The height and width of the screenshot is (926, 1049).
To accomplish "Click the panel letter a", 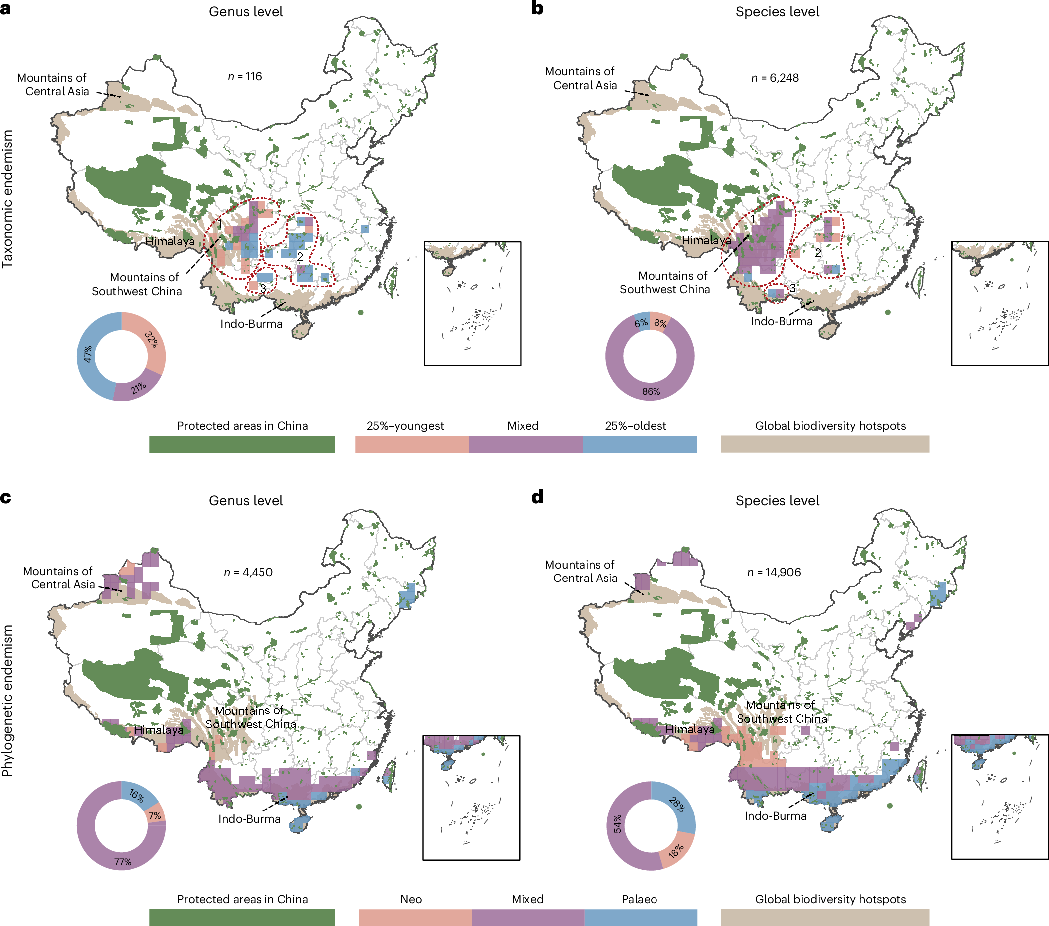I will [x=5, y=9].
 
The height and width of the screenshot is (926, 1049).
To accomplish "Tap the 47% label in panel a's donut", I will [x=88, y=353].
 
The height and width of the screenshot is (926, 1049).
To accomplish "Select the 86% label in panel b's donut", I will [x=651, y=391].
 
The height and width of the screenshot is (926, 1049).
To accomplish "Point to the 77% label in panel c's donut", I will [x=123, y=862].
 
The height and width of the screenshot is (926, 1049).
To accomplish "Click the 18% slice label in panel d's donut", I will [x=676, y=851].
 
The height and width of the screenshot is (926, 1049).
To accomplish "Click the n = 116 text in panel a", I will [x=244, y=77].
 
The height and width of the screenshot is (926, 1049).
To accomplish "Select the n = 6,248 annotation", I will [x=775, y=78].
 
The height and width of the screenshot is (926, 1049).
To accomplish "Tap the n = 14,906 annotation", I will [x=774, y=572].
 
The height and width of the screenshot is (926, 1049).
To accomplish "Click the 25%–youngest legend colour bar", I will [x=411, y=444].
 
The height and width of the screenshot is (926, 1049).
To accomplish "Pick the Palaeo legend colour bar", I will [x=641, y=917].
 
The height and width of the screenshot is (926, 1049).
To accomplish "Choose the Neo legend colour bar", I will [x=415, y=917].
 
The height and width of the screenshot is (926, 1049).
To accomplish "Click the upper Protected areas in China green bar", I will [x=242, y=444].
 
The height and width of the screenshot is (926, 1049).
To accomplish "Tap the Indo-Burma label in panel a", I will [x=251, y=324].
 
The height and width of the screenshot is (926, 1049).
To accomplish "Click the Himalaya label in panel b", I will [x=706, y=240].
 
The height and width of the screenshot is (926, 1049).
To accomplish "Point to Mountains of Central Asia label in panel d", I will [x=581, y=571].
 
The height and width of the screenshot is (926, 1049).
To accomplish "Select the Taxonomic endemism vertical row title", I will [x=7, y=199].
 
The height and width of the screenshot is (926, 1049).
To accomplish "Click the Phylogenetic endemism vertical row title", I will [x=7, y=700].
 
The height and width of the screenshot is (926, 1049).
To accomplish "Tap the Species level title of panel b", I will [x=777, y=12].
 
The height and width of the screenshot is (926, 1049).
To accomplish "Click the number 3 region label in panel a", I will [x=263, y=288].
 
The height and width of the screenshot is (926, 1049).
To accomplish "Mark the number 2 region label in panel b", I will [x=818, y=252].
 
